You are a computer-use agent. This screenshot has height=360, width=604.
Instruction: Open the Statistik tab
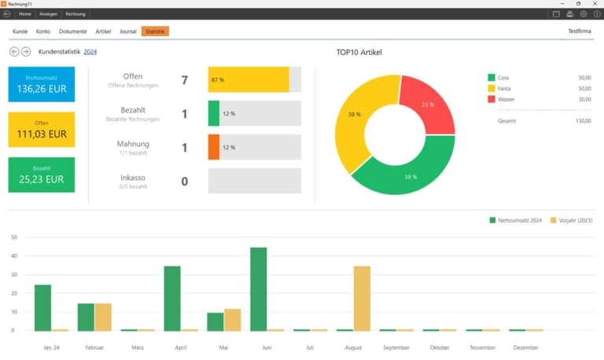(x=155, y=31)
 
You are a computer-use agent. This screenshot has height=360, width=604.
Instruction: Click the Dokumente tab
(x=73, y=31)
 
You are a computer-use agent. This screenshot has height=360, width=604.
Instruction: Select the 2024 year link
(x=90, y=52)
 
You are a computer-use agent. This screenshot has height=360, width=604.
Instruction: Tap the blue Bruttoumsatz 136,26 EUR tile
(x=42, y=84)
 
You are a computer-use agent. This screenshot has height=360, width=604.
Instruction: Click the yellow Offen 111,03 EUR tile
(x=42, y=130)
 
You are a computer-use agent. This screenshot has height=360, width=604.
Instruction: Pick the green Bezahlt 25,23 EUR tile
(x=42, y=174)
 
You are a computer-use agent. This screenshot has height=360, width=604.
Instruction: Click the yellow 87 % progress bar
(x=249, y=79)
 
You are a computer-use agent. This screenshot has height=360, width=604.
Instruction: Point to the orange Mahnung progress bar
(x=214, y=147)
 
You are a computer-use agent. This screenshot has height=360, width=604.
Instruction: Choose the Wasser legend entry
(x=507, y=99)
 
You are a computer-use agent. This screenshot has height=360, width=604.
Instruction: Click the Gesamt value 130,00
(x=583, y=120)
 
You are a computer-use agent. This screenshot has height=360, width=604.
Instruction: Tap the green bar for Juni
(x=258, y=288)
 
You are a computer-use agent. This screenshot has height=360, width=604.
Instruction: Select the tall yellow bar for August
(x=362, y=298)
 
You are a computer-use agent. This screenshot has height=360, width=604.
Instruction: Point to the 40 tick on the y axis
(x=13, y=255)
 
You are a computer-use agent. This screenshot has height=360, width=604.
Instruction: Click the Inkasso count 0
(x=185, y=182)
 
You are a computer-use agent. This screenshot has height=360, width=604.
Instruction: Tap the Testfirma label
(x=580, y=31)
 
